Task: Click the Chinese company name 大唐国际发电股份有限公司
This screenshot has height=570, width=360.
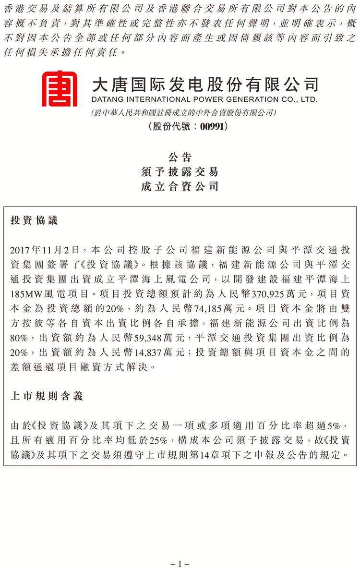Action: point(204,85)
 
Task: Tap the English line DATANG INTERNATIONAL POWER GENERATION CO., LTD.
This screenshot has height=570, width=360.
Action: point(204,100)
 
